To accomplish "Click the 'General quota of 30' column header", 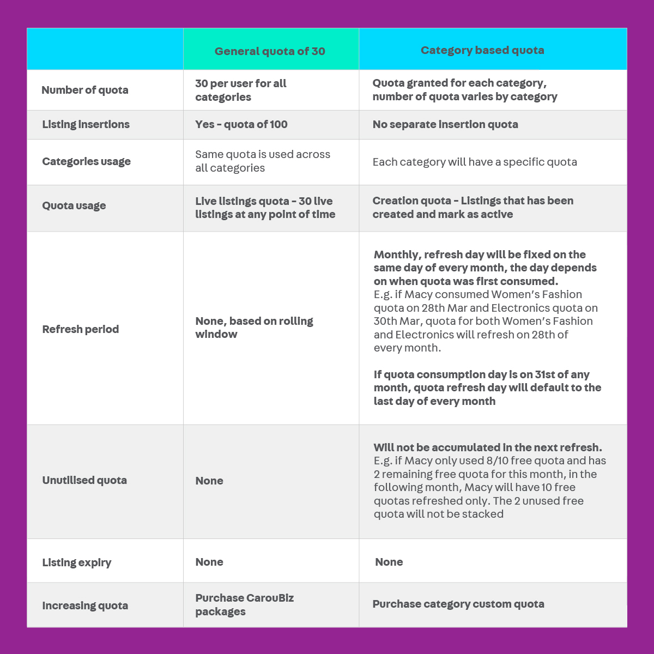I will tap(270, 51).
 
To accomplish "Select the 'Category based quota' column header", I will tap(482, 50).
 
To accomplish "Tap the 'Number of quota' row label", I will tap(85, 90).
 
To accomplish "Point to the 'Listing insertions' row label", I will tap(86, 124).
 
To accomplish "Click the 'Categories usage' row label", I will tap(86, 161).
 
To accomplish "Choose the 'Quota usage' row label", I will tap(74, 205).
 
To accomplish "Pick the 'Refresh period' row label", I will tap(81, 329).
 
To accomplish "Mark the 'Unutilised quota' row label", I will tap(84, 480).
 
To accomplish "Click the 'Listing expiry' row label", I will tap(77, 562).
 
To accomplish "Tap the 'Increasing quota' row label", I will tap(85, 605).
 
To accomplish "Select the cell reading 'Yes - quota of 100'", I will tap(241, 124).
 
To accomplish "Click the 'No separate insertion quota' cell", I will tap(445, 124).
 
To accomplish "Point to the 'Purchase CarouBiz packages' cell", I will tap(244, 604).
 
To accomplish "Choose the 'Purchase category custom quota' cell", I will tap(458, 604).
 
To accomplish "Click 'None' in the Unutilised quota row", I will tap(209, 481).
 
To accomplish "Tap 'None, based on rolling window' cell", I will tap(254, 328).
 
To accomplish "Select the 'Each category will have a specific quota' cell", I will tap(475, 162).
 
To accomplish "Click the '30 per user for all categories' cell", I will tap(240, 90).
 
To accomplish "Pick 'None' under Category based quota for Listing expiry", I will tap(389, 562).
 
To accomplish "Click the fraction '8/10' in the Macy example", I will tap(498, 461).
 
